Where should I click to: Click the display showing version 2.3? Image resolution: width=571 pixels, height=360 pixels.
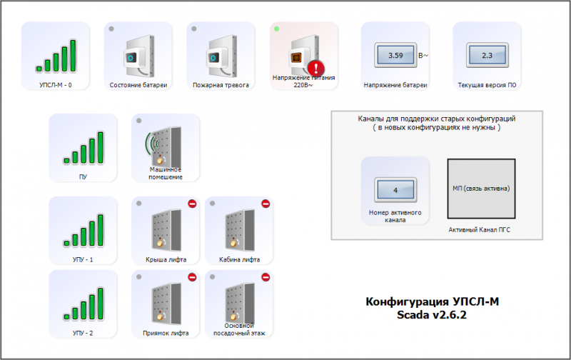487,55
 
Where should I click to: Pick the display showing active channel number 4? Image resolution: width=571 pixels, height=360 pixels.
395,191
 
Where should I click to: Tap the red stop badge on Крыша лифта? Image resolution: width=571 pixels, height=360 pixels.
192,205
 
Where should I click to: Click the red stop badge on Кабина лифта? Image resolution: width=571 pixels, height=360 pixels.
266,205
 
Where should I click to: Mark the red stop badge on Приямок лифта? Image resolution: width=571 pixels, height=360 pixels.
192,277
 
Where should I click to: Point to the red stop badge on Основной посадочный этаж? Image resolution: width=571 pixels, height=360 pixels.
266,277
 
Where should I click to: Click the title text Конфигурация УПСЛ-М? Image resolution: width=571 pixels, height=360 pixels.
433,302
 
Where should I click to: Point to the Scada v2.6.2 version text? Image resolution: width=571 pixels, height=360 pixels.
433,315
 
